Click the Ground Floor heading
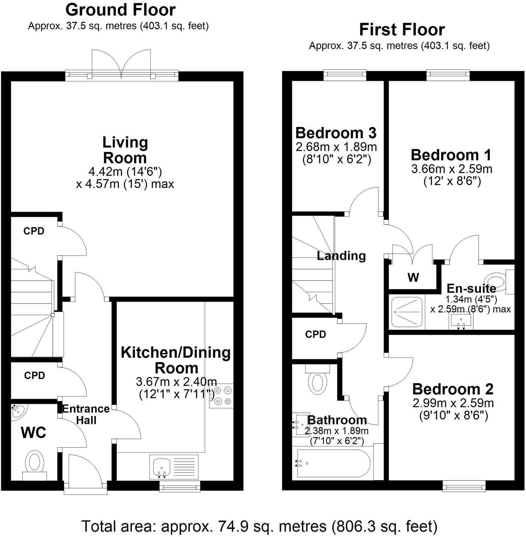click(x=120, y=10)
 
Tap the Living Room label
click(x=125, y=150)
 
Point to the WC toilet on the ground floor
click(x=35, y=464)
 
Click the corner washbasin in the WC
click(x=18, y=411)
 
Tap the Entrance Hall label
click(x=86, y=414)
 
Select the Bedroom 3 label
click(x=336, y=133)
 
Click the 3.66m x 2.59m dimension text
click(x=452, y=169)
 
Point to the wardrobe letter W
click(x=413, y=277)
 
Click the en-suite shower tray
click(x=407, y=312)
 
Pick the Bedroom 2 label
click(x=453, y=389)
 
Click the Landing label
click(x=341, y=256)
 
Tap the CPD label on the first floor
click(x=316, y=334)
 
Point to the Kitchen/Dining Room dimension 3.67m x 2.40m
click(x=176, y=382)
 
